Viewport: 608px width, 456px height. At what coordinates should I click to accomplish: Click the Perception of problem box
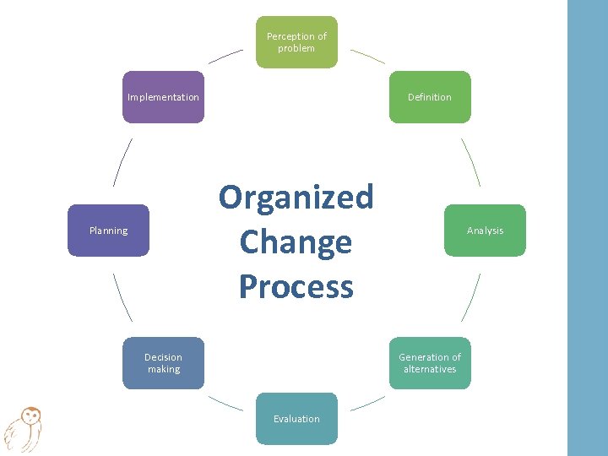click(296, 42)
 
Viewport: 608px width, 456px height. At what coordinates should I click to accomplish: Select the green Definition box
click(430, 97)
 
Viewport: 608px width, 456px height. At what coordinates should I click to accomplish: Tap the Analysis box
click(485, 231)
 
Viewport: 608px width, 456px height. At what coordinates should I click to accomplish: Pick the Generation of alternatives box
click(430, 363)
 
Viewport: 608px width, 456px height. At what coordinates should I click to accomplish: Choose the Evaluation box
click(296, 419)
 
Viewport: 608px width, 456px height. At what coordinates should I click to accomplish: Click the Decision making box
click(163, 363)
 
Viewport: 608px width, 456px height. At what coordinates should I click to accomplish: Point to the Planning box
click(108, 231)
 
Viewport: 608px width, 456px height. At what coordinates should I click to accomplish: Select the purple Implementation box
click(163, 97)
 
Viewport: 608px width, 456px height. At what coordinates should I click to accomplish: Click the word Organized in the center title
click(296, 197)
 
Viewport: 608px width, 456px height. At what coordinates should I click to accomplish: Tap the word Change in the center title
click(296, 242)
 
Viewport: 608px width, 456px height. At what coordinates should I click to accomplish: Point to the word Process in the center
click(296, 286)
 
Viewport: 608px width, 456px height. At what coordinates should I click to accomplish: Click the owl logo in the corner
click(24, 428)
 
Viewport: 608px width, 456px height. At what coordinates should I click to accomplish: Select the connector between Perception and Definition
click(367, 56)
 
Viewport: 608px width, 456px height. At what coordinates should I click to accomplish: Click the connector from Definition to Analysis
click(470, 161)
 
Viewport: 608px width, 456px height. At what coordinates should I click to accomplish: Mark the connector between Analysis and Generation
click(470, 297)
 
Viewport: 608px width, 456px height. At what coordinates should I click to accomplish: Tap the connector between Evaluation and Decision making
click(225, 404)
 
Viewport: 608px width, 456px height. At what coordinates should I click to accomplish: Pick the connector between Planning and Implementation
click(122, 161)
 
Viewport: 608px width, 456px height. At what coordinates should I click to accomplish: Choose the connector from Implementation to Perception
click(225, 56)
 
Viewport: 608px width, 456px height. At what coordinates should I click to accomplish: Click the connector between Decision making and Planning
click(122, 297)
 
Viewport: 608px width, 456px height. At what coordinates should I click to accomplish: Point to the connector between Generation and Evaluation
click(367, 404)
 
